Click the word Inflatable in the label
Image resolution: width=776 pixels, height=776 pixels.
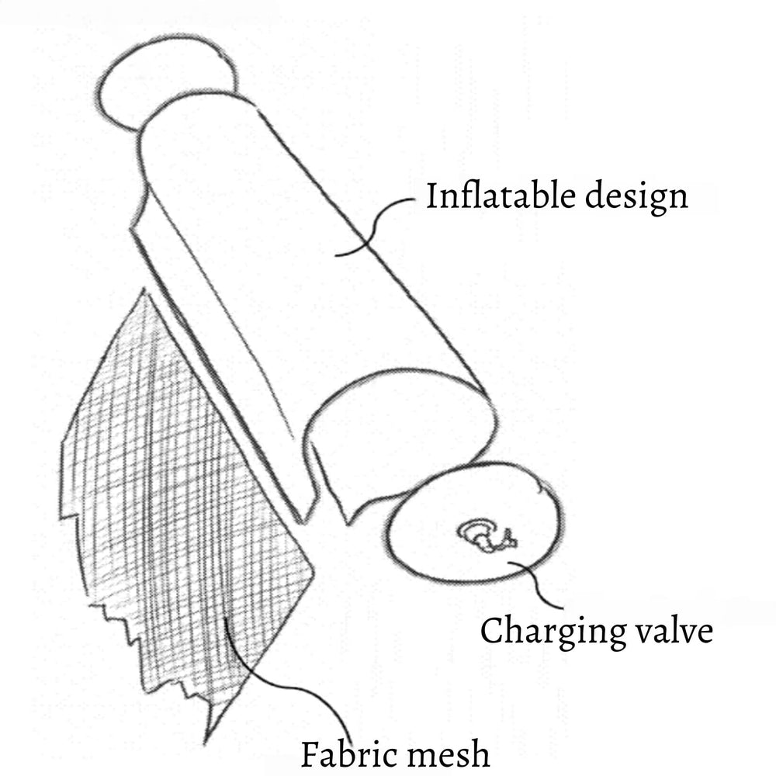click(x=501, y=196)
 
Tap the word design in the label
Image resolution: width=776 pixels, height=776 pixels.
click(x=636, y=198)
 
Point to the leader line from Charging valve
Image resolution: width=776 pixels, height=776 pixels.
click(x=536, y=584)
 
